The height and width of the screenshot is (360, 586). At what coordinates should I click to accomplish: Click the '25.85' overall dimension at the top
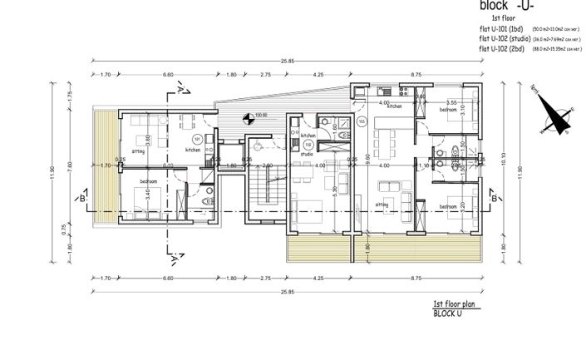point(288,62)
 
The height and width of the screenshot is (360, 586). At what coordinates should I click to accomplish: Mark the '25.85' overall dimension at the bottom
point(288,292)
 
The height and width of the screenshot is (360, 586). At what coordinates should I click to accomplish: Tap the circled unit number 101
point(197,138)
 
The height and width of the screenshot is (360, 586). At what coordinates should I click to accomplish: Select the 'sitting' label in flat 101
point(138,152)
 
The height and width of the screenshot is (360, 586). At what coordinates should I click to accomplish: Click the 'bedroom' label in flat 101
point(150,180)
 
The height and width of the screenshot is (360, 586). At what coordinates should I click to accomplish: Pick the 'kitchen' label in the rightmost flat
point(394,106)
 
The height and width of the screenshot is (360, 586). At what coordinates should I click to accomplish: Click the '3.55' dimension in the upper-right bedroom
point(453,101)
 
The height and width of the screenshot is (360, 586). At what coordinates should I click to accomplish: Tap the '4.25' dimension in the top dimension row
point(318,76)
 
